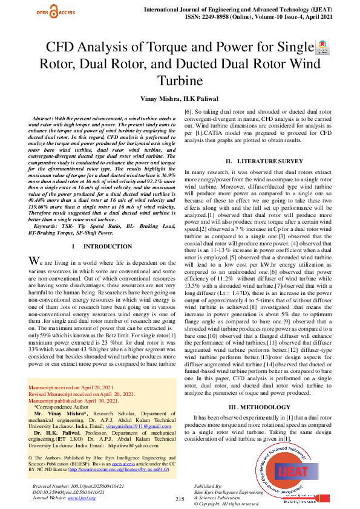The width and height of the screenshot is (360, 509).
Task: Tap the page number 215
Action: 180,499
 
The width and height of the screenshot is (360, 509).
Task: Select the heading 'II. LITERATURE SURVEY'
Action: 264,162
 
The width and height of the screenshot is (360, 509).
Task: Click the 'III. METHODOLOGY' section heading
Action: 264,407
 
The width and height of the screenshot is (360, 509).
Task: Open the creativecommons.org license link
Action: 119,469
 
